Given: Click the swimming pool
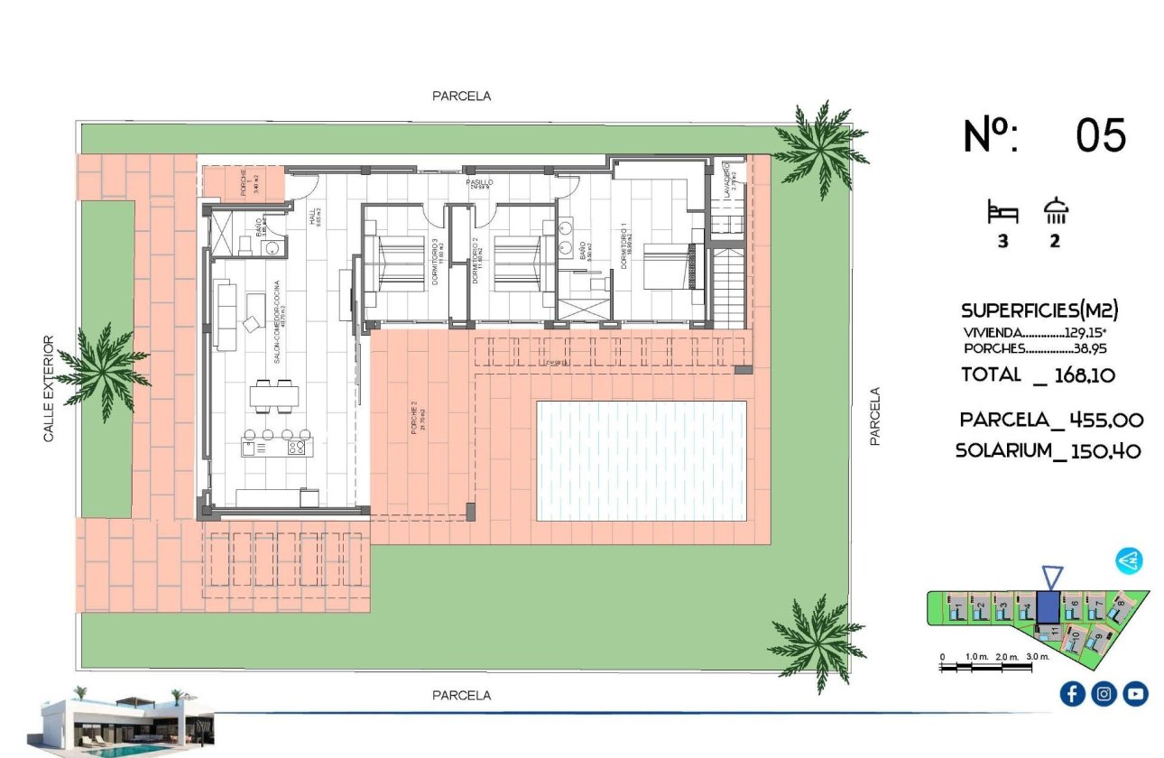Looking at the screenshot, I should [x=642, y=461].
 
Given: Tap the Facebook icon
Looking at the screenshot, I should [x=1072, y=693].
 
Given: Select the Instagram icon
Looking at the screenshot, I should [x=1104, y=693].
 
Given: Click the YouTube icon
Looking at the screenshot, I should [x=1135, y=693].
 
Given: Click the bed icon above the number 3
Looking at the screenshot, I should [x=1002, y=213].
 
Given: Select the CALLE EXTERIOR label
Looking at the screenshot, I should [x=50, y=389].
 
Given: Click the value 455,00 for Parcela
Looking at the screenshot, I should [x=1106, y=420].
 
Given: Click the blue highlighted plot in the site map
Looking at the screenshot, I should [x=1049, y=606].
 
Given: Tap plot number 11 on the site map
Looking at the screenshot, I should [x=1053, y=633].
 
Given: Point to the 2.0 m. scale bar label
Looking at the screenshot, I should [x=1007, y=657].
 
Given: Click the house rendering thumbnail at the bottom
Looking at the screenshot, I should [x=126, y=724].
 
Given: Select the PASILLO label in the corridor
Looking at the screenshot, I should [x=479, y=182].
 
